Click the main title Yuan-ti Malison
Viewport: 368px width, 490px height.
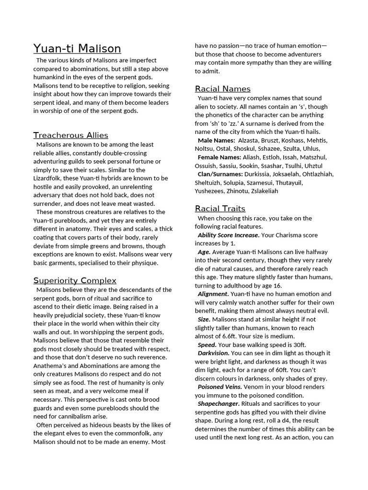click(77, 49)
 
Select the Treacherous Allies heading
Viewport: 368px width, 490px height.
click(70, 135)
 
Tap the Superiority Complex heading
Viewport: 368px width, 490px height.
click(75, 280)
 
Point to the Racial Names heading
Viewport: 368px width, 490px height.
click(222, 89)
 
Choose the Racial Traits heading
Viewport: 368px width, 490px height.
click(220, 208)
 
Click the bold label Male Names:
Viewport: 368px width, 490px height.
click(216, 140)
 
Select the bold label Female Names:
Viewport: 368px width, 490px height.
click(219, 157)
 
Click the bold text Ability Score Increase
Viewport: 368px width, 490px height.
click(228, 235)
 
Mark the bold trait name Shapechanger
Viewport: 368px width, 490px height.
click(218, 404)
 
